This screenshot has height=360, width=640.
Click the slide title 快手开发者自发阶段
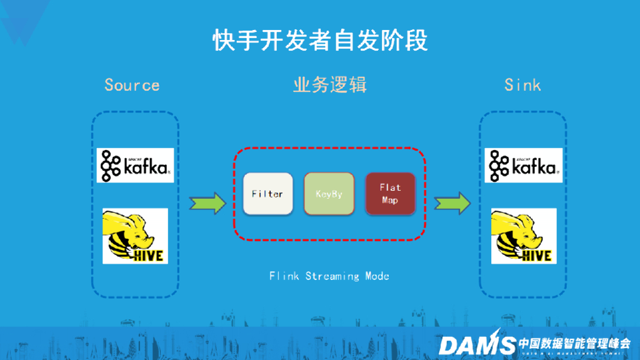pos(320,40)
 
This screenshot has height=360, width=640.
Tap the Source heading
pos(132,85)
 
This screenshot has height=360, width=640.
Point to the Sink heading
pos(522,85)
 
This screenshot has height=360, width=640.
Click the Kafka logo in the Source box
pos(135,165)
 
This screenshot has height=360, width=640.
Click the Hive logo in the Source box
pos(135,236)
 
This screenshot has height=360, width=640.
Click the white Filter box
pos(267,194)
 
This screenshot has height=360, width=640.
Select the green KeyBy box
pos(329,194)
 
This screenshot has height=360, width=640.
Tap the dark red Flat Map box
pos(390,194)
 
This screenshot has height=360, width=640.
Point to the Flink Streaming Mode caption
pos(330,276)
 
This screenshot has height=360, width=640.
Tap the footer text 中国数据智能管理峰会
pos(574,342)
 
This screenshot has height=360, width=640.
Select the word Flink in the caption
pos(284,276)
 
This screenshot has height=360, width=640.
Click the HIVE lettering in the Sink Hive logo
pos(536,256)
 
